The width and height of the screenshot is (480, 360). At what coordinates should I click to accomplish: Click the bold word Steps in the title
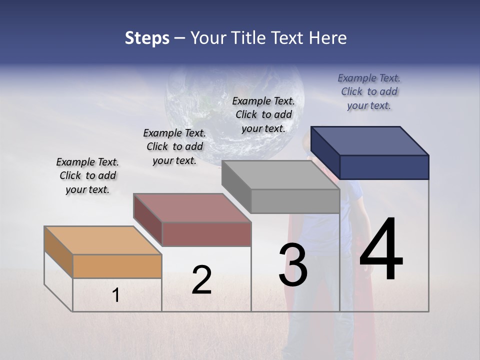click(x=147, y=38)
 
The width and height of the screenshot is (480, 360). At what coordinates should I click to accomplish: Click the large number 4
click(x=381, y=250)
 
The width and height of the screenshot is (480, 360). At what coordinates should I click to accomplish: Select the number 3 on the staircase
click(x=293, y=265)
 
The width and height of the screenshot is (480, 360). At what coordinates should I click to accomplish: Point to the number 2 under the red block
click(x=201, y=280)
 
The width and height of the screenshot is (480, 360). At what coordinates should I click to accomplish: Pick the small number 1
click(x=116, y=295)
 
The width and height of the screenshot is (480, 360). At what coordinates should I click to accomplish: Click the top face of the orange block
click(x=102, y=240)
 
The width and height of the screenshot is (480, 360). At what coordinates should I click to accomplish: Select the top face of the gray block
click(x=280, y=174)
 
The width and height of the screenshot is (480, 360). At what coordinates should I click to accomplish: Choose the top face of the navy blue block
click(x=370, y=140)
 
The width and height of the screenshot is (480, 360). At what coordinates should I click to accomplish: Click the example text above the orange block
click(x=87, y=175)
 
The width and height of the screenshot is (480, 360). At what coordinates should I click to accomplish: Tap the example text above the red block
click(x=174, y=146)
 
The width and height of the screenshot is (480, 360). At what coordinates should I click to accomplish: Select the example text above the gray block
click(x=263, y=114)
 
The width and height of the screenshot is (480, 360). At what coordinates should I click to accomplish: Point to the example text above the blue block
click(x=369, y=91)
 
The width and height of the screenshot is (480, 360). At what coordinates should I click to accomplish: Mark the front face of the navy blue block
click(x=384, y=167)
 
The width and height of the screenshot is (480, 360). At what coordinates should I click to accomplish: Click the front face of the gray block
click(x=295, y=201)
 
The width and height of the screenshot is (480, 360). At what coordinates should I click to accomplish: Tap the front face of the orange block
click(x=117, y=266)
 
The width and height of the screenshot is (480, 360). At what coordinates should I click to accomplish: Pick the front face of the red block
click(x=206, y=234)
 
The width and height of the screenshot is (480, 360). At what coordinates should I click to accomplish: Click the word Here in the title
click(x=328, y=38)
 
